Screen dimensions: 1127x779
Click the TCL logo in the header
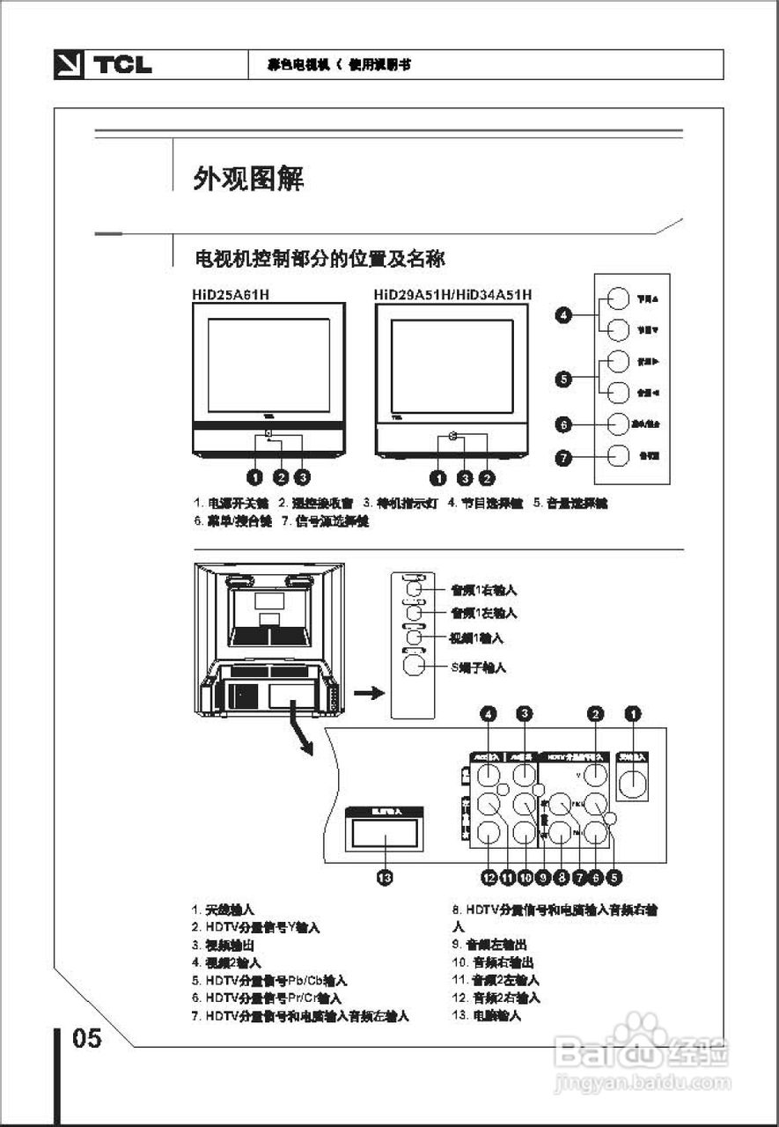point(103,65)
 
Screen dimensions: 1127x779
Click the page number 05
point(87,1039)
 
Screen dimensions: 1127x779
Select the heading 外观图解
point(249,179)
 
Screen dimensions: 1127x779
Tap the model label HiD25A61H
point(231,295)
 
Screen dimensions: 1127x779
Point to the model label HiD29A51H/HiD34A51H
point(452,295)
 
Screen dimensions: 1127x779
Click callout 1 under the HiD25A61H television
point(255,477)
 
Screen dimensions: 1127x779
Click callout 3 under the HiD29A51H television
point(463,477)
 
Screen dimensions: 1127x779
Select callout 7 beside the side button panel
point(564,457)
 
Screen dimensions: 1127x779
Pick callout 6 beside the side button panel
point(564,424)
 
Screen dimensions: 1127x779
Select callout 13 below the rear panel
point(384,877)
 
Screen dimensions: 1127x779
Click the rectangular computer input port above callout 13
point(384,832)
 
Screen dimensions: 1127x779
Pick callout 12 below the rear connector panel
point(489,877)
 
